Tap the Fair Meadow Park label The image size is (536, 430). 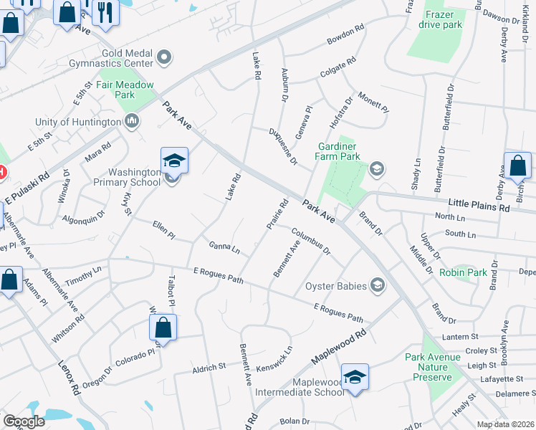click(125, 90)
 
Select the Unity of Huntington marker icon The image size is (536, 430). click(131, 122)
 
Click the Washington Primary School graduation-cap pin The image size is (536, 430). click(174, 161)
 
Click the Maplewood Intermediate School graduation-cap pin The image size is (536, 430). click(355, 376)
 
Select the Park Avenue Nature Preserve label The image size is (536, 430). click(429, 367)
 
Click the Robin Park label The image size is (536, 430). click(463, 272)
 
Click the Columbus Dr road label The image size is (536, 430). click(310, 241)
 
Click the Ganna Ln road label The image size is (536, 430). click(224, 247)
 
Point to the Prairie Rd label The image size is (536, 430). click(277, 214)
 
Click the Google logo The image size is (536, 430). click(24, 421)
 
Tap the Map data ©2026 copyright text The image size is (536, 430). click(505, 424)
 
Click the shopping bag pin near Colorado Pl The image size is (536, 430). click(163, 328)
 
